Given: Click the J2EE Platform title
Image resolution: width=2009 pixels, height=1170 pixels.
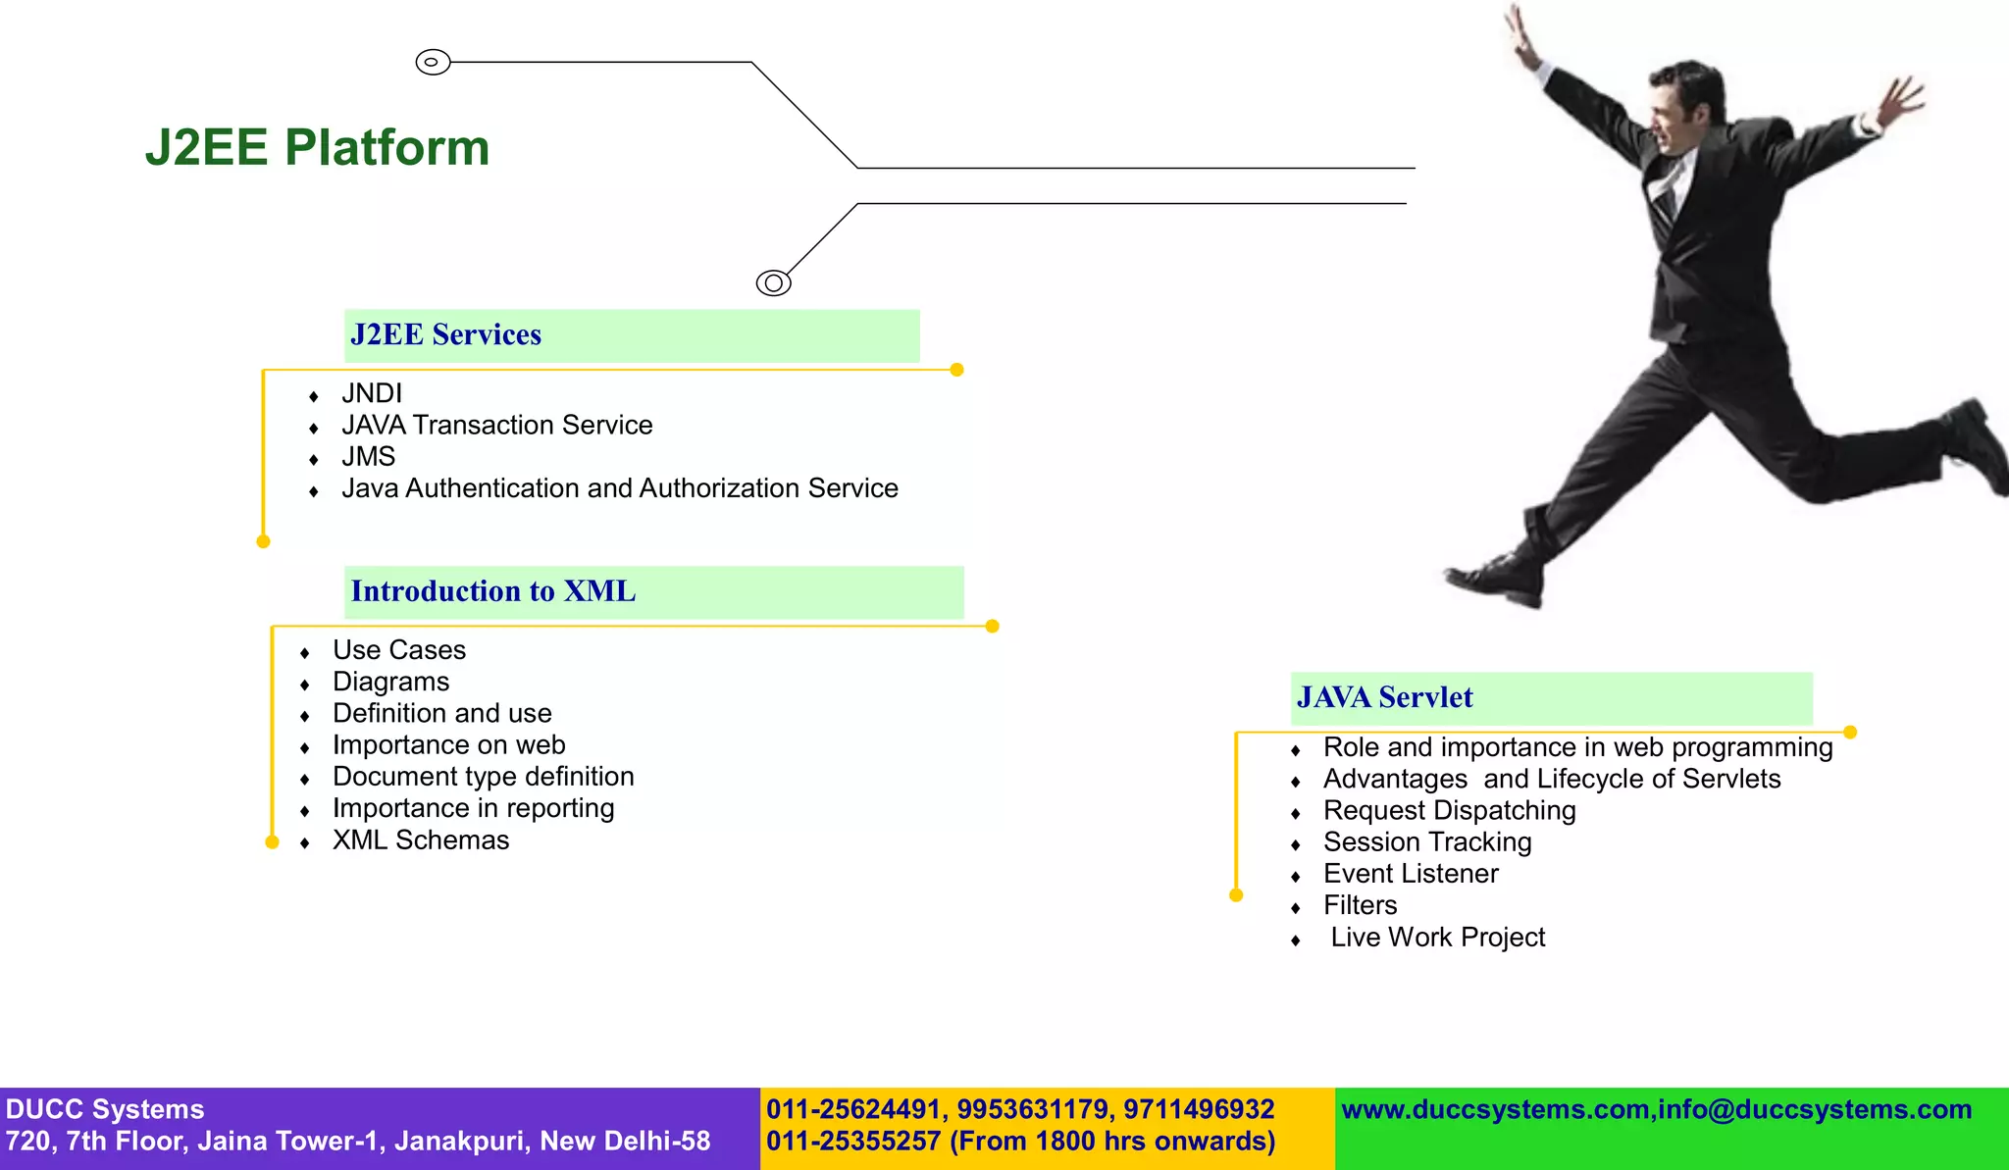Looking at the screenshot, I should coord(317,148).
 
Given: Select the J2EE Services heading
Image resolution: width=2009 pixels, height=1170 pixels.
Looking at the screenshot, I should coord(446,335).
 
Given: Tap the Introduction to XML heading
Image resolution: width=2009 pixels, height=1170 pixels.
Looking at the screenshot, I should coord(493,591).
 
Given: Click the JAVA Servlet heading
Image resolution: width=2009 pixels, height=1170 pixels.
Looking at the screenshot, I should coord(1384,697).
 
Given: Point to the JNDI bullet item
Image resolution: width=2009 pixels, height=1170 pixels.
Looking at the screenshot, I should coord(372,393).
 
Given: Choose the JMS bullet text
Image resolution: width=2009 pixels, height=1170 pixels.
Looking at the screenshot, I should coord(368,457).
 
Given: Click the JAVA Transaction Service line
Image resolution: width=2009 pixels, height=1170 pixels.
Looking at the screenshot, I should coord(496,425).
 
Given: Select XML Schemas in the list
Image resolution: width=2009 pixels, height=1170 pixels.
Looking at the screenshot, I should coord(421,840).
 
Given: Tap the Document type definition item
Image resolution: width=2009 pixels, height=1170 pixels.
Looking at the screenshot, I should coord(483,777).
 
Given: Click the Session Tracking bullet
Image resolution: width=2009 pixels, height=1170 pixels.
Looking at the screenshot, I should coord(1426,842).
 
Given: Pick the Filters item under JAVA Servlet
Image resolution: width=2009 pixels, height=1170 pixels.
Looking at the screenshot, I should coord(1360,905).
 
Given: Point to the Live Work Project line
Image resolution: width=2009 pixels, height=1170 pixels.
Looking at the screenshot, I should coord(1437,938).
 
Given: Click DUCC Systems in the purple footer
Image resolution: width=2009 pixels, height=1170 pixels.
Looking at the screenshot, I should coord(105,1109).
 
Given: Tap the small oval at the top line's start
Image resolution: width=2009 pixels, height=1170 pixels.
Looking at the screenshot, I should coord(433,62).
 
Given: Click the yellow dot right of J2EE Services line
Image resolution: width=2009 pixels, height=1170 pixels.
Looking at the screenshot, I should coord(957,370).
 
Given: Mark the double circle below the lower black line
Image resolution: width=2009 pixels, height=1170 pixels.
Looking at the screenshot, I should coord(773,283).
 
